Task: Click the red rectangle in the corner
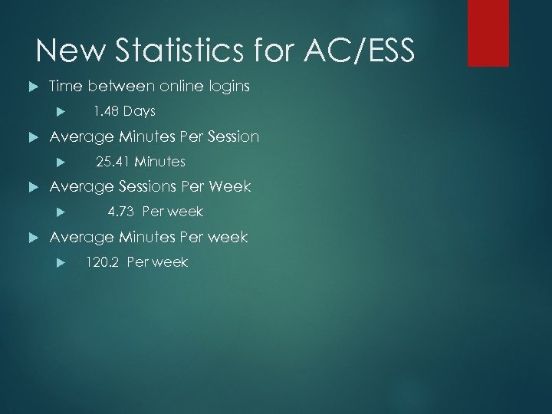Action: (488, 32)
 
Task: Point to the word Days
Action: (139, 112)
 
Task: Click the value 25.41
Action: (112, 162)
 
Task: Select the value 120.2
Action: (103, 262)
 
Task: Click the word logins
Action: (227, 87)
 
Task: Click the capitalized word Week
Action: (229, 187)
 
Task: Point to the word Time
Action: (66, 87)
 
